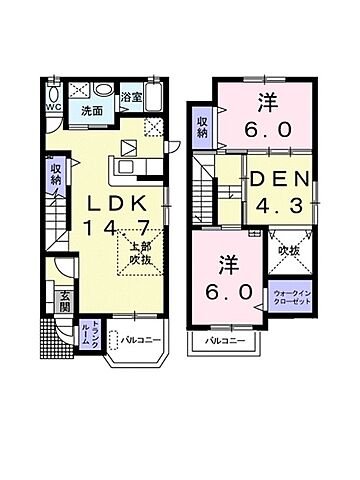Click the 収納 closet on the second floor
click(203, 127)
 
